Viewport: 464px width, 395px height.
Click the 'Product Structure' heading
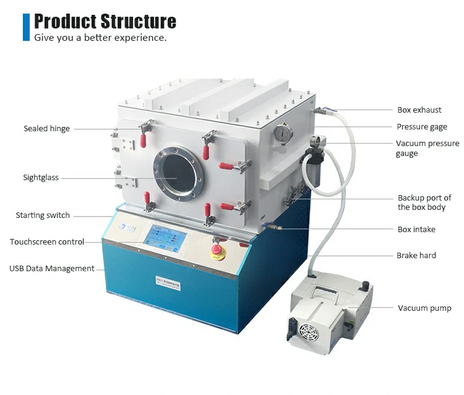[105, 21]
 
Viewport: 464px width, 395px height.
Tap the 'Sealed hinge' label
[46, 129]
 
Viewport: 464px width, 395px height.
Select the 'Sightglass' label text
[41, 178]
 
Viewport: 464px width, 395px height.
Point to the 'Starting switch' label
[43, 215]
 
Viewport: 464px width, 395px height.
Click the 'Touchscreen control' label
[47, 241]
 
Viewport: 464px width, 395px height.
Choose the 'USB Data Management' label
[51, 268]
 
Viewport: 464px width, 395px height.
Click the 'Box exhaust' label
[419, 110]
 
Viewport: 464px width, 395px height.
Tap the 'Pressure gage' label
[421, 127]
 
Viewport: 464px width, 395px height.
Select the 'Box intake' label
[416, 229]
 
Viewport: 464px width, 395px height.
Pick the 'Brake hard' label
[416, 255]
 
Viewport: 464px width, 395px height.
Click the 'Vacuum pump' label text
[424, 308]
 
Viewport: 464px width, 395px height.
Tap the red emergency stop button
[217, 251]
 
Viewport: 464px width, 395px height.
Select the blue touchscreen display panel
[165, 238]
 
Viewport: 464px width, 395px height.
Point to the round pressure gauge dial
[283, 133]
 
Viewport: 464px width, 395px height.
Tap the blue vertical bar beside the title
[26, 27]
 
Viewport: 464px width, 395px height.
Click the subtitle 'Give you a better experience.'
[100, 38]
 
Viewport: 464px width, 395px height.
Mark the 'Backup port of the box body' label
[424, 202]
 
